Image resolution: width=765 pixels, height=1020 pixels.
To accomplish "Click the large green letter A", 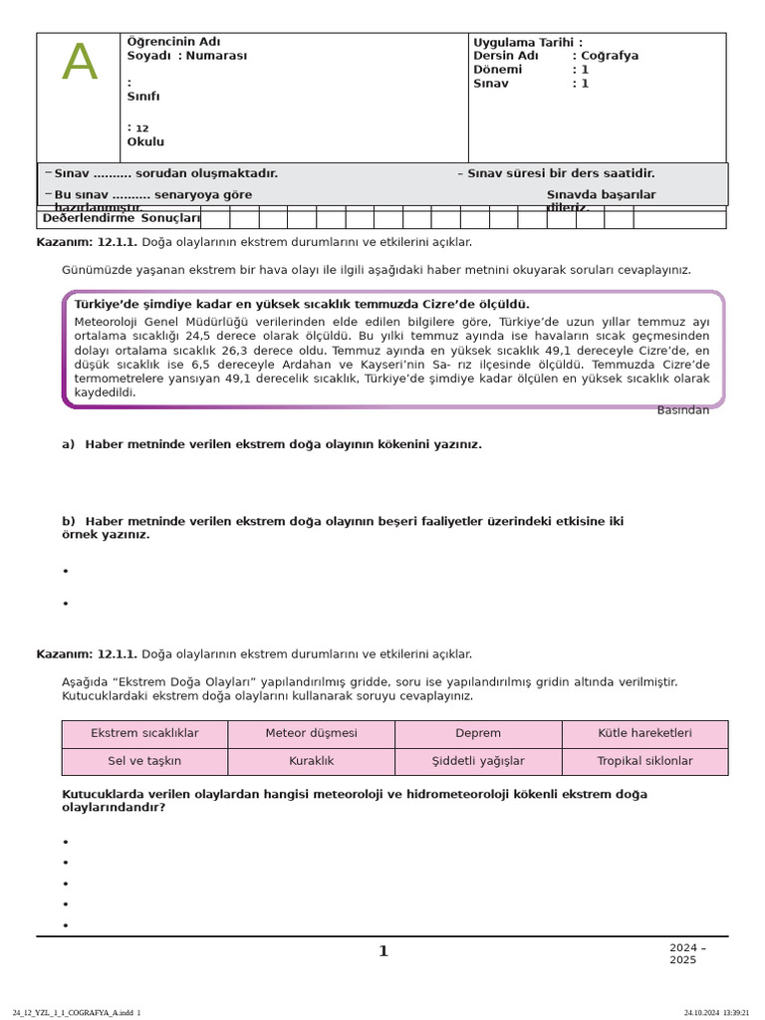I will (80, 64).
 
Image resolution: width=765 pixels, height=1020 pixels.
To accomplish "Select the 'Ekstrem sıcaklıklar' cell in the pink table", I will (144, 733).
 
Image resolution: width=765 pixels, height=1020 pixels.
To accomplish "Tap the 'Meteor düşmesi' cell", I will (311, 733).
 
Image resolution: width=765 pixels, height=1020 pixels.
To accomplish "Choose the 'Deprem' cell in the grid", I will (478, 733).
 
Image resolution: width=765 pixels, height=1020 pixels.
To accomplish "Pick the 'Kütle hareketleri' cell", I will (644, 733).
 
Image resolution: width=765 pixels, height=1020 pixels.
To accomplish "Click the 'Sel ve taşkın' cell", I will (144, 761).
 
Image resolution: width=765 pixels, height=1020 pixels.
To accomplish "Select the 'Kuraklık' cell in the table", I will (311, 761).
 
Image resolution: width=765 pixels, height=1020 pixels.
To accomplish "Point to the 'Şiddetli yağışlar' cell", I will (478, 761).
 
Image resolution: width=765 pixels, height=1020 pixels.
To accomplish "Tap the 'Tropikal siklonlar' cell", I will (644, 761).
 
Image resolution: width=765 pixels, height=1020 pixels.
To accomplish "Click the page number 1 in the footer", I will (383, 952).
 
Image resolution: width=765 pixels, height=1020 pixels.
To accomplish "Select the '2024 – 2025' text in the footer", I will (687, 954).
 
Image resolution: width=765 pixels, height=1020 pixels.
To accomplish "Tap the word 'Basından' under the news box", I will (682, 410).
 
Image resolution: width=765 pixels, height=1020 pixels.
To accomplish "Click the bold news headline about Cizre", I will (302, 305).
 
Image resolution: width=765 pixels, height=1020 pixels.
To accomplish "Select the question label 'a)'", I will (68, 445).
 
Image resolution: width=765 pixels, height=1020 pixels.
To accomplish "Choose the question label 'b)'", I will (68, 522).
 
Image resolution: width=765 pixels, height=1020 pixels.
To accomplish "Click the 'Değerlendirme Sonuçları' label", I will (122, 218).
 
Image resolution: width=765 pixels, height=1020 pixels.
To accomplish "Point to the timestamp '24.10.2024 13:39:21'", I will (716, 1012).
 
